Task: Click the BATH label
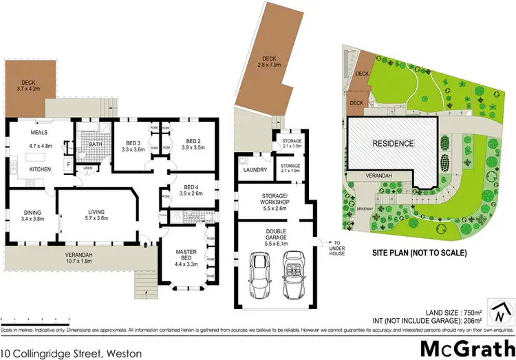[96, 144]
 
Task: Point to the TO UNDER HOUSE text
[336, 246]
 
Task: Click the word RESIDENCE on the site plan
[393, 144]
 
